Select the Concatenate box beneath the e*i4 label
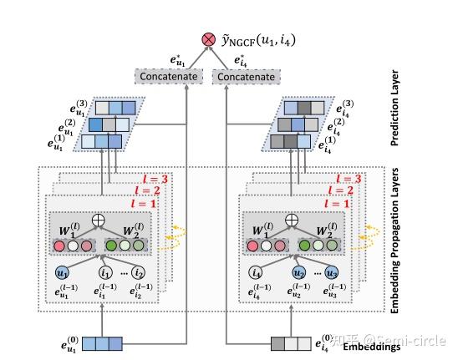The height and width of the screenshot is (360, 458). tap(245, 76)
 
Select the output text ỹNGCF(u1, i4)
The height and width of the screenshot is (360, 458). tap(258, 39)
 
